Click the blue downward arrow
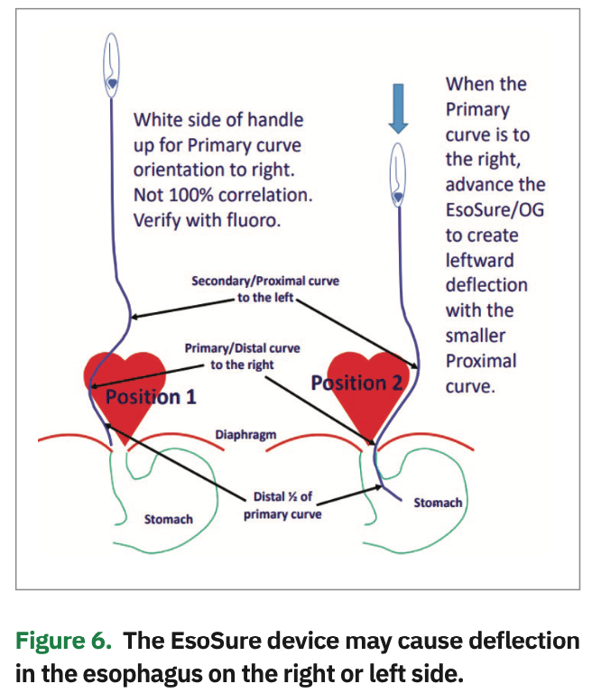(x=398, y=107)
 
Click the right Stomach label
(x=438, y=502)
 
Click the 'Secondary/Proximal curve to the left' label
(x=264, y=289)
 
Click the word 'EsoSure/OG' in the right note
(x=495, y=210)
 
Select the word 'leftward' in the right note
(x=481, y=260)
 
